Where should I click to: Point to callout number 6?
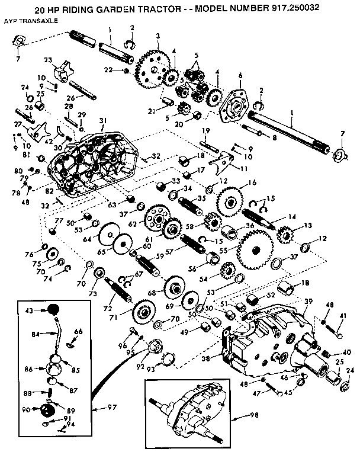[240, 75]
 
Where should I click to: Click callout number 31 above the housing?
[103, 121]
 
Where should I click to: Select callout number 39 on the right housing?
[308, 302]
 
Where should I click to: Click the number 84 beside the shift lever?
[35, 334]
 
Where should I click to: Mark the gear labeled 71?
[143, 310]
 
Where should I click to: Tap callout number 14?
[291, 217]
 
